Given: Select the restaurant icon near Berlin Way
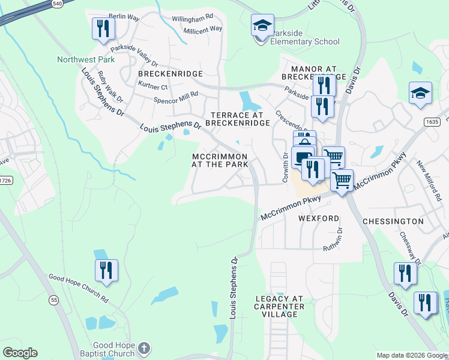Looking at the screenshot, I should click(103, 28).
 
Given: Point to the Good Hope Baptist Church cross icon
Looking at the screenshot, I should click(143, 347).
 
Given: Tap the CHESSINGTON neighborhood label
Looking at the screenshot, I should click(393, 221).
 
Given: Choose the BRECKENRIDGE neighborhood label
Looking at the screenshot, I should click(170, 73).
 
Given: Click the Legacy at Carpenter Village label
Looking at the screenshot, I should click(280, 306).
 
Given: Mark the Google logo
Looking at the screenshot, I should click(20, 353).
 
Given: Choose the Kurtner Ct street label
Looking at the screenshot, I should click(152, 87).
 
